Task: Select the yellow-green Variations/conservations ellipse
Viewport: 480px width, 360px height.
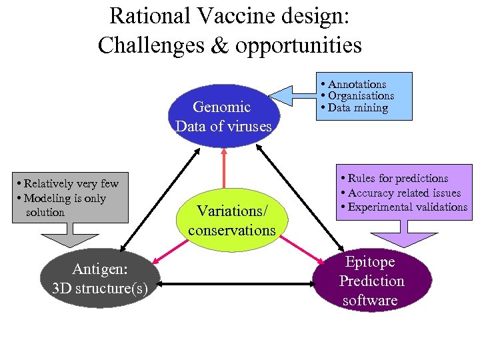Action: click(x=231, y=220)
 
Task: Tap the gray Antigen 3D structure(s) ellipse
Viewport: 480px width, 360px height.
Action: click(x=100, y=279)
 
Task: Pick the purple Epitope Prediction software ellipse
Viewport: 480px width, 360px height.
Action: click(x=372, y=281)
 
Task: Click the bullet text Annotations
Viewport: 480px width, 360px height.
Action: click(x=357, y=85)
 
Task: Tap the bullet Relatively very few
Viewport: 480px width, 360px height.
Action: click(x=72, y=184)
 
